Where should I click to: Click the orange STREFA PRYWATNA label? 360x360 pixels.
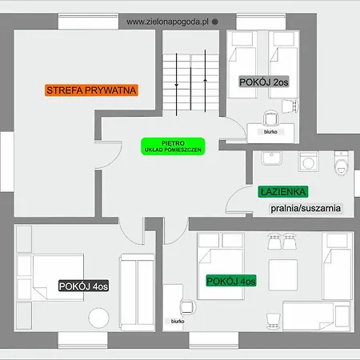point(91,90)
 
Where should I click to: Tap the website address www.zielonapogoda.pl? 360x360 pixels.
point(167,22)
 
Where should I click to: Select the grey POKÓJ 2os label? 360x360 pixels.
point(264,82)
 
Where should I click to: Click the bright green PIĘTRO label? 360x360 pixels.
point(173,146)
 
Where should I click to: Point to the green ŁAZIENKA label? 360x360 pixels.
point(283,192)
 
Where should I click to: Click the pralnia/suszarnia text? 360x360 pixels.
point(306,208)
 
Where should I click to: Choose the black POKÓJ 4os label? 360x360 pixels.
point(83,286)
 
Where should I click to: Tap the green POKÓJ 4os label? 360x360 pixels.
point(231,281)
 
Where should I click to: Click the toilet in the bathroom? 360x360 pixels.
point(342,163)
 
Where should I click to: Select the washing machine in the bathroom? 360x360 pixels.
point(309,162)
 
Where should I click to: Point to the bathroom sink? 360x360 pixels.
point(271,158)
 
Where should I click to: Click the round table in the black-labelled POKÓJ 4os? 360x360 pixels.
point(98,318)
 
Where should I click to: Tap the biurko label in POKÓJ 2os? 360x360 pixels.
point(270,132)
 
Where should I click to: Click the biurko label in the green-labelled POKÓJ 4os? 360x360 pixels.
point(178,322)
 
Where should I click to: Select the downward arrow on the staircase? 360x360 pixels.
point(176,85)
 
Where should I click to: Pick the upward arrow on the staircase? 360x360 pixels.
point(205,81)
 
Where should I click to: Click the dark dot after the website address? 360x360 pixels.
point(215,22)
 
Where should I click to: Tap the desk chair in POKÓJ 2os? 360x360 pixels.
point(270,118)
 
